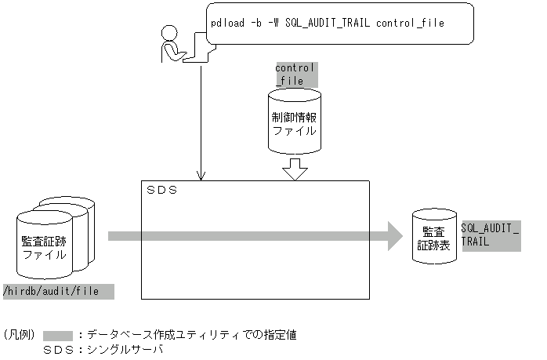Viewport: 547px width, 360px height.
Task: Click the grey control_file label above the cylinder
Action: click(295, 75)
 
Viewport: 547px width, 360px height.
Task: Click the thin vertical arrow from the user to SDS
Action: click(202, 118)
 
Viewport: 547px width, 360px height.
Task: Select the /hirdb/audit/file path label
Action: click(59, 292)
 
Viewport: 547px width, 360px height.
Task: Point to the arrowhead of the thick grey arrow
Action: click(393, 236)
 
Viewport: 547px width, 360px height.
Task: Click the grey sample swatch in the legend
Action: click(58, 335)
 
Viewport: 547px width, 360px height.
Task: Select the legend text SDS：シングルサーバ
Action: click(103, 350)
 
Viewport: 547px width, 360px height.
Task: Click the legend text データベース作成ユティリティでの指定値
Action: click(191, 335)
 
